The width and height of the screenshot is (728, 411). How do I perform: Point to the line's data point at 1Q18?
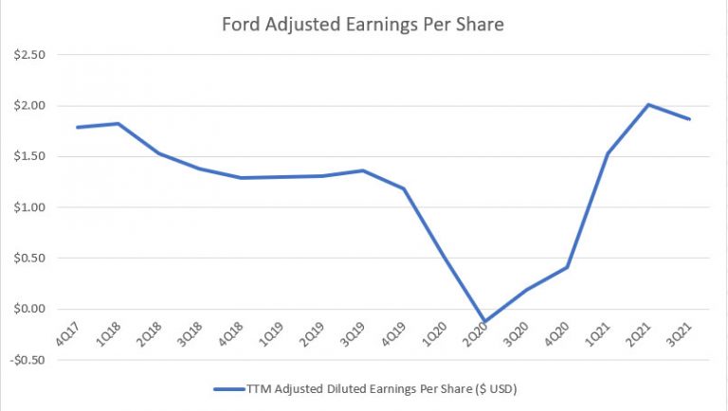[x=118, y=123]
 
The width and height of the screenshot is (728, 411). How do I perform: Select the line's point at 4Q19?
[x=405, y=188]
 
